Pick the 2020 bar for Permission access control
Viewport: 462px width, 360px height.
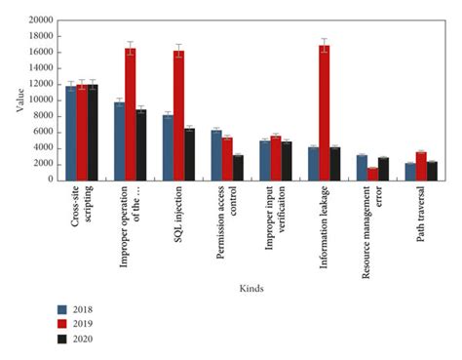click(x=239, y=167)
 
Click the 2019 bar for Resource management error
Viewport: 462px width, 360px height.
click(x=373, y=174)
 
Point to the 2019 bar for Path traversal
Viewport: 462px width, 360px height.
click(x=422, y=166)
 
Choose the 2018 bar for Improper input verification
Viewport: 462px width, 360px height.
click(x=265, y=160)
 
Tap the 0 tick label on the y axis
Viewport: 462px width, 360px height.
click(x=51, y=180)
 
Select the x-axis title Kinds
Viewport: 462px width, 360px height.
click(x=252, y=289)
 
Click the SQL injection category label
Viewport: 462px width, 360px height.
click(x=179, y=213)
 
